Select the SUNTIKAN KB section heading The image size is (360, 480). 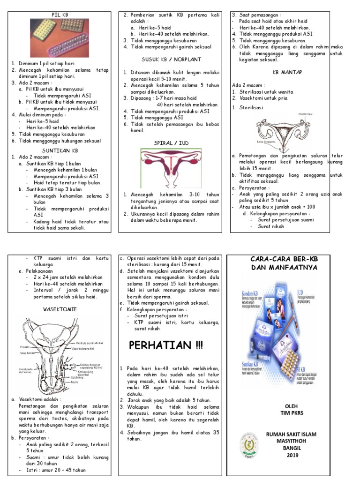point(60,150)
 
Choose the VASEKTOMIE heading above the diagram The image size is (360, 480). point(60,309)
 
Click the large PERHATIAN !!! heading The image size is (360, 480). point(166,346)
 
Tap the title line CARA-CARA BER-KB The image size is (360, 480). point(291,259)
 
